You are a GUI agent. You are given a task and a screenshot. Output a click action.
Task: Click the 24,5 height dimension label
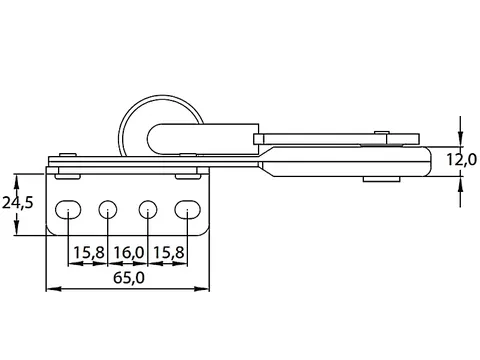point(18,202)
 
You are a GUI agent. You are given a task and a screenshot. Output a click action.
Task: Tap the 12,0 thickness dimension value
point(462,160)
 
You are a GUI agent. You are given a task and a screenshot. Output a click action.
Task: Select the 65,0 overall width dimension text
point(129,277)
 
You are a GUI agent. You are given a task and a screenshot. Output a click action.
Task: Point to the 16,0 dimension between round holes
point(129,252)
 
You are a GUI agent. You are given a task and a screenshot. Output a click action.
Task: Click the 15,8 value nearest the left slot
point(89,252)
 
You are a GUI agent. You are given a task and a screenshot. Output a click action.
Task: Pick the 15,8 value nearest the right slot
point(168,252)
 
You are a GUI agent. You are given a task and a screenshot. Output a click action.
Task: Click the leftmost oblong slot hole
point(68,210)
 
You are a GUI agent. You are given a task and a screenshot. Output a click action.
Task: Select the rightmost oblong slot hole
point(187,210)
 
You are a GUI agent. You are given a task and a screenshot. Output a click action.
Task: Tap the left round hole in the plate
point(108,210)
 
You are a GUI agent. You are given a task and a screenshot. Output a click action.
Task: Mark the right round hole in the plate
point(148,210)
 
